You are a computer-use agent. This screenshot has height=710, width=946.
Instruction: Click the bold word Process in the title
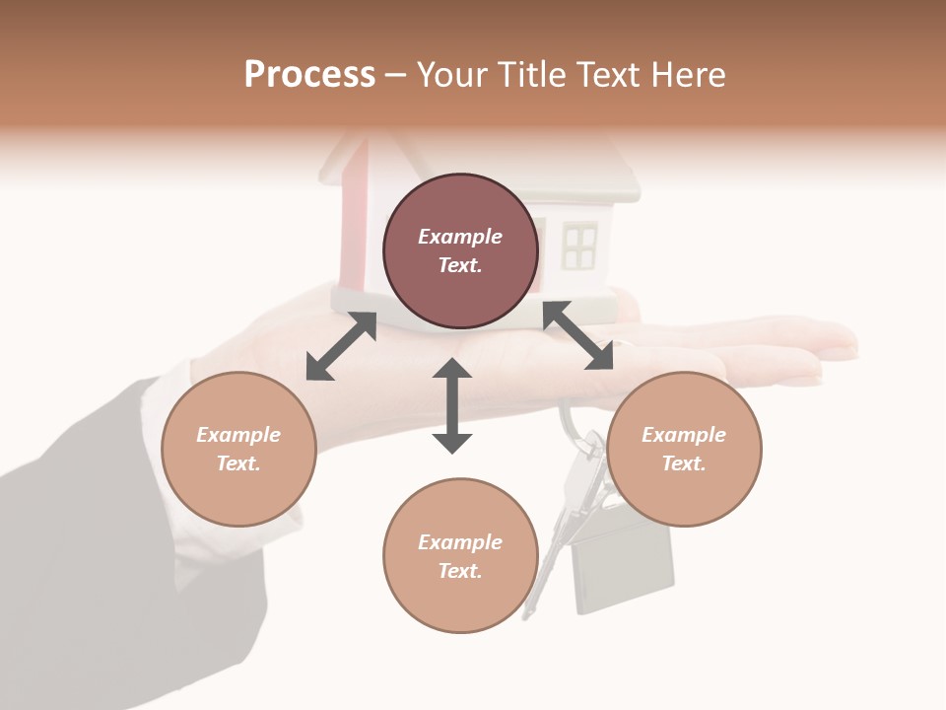pyautogui.click(x=309, y=75)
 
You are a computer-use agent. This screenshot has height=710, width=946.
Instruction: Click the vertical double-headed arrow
pyautogui.click(x=452, y=405)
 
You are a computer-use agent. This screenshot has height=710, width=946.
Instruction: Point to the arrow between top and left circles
pyautogui.click(x=341, y=346)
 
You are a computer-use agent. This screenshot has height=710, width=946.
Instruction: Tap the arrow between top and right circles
pyautogui.click(x=578, y=336)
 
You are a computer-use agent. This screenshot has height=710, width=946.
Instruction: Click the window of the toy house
pyautogui.click(x=579, y=247)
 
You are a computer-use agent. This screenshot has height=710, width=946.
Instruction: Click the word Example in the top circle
pyautogui.click(x=460, y=237)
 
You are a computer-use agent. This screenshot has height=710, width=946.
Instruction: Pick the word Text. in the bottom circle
pyautogui.click(x=460, y=571)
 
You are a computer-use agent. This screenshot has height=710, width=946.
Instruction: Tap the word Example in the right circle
pyautogui.click(x=684, y=435)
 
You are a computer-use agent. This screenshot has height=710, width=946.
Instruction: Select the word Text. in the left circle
pyautogui.click(x=238, y=463)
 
